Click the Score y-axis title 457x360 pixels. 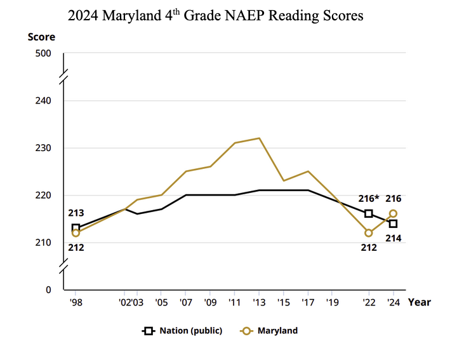point(41,36)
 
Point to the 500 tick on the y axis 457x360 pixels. point(43,53)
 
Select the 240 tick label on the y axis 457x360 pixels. point(43,100)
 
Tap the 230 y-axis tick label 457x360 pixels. point(43,148)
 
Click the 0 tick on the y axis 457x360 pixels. point(48,290)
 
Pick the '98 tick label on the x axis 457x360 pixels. point(76,302)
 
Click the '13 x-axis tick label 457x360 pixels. point(259,302)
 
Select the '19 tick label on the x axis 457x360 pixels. point(332,302)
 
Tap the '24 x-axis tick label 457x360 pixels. point(393,302)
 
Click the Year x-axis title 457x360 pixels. point(420,302)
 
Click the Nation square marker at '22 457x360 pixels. point(369,213)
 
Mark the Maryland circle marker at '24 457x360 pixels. point(393,213)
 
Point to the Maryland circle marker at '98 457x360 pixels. point(76,233)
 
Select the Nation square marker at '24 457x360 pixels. point(393,223)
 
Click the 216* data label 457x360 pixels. point(368,199)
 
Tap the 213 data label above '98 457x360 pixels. point(76,213)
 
